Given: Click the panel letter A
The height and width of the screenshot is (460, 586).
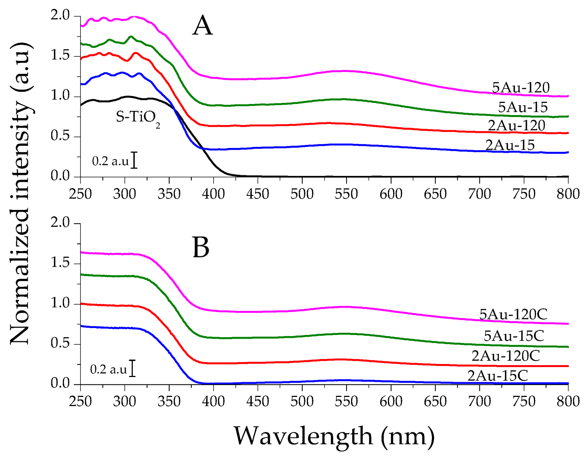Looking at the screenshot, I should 202,26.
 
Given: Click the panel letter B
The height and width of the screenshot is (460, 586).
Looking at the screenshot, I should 201,248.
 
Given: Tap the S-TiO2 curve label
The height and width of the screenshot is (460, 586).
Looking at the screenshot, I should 138,118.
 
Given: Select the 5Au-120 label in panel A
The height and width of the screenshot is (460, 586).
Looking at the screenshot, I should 521,88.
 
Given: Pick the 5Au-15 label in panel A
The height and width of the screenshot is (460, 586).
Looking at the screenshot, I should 523,107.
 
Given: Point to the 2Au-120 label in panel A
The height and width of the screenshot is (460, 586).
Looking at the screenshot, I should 516,126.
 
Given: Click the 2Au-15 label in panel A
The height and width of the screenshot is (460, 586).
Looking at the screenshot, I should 510,145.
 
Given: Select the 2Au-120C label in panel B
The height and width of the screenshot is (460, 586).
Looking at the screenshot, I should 506,356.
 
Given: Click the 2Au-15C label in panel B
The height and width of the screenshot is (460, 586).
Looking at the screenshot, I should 497,376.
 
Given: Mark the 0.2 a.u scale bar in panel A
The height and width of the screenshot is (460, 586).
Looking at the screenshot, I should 135,160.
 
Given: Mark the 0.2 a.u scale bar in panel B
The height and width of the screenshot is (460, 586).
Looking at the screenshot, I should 133,369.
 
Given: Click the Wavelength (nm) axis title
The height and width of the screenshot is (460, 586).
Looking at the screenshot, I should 334,436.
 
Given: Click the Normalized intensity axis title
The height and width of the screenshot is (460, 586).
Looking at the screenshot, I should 20,194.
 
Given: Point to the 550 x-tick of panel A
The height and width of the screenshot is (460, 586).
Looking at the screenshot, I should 346,194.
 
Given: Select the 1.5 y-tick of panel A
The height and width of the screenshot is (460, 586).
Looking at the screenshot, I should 60,56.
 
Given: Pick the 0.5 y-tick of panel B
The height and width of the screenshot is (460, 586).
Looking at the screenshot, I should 60,344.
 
